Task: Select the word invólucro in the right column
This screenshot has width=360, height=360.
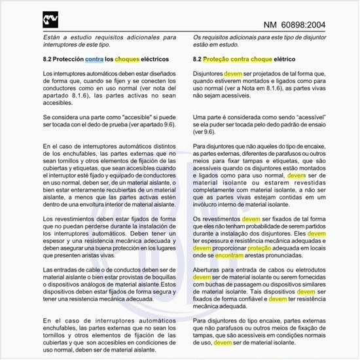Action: (x=209, y=204)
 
